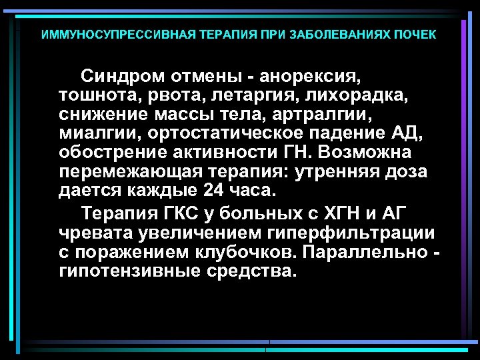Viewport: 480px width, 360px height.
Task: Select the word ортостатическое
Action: [x=219, y=133]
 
